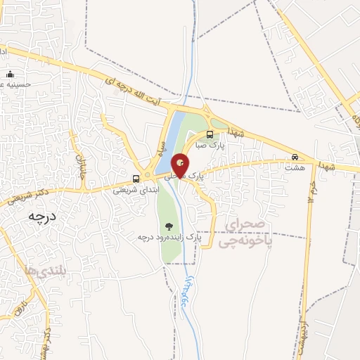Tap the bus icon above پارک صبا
point(210,134)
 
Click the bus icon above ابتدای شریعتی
point(136,178)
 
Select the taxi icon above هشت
point(295,157)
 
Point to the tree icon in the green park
point(169,226)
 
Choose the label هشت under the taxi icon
point(295,167)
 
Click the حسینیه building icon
point(10,74)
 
